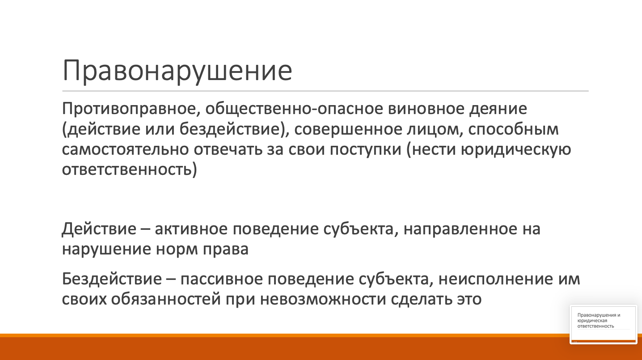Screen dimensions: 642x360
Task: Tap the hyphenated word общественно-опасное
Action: [294, 110]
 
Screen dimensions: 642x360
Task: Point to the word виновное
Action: [426, 109]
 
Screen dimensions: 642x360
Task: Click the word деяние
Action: [498, 110]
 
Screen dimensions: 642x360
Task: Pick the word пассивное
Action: [222, 279]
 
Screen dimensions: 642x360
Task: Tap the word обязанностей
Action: [166, 299]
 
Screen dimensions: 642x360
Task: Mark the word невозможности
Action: [323, 299]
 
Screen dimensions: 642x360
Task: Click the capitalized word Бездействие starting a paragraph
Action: [112, 279]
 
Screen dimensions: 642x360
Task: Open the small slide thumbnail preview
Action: [603, 324]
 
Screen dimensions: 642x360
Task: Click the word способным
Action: [514, 130]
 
